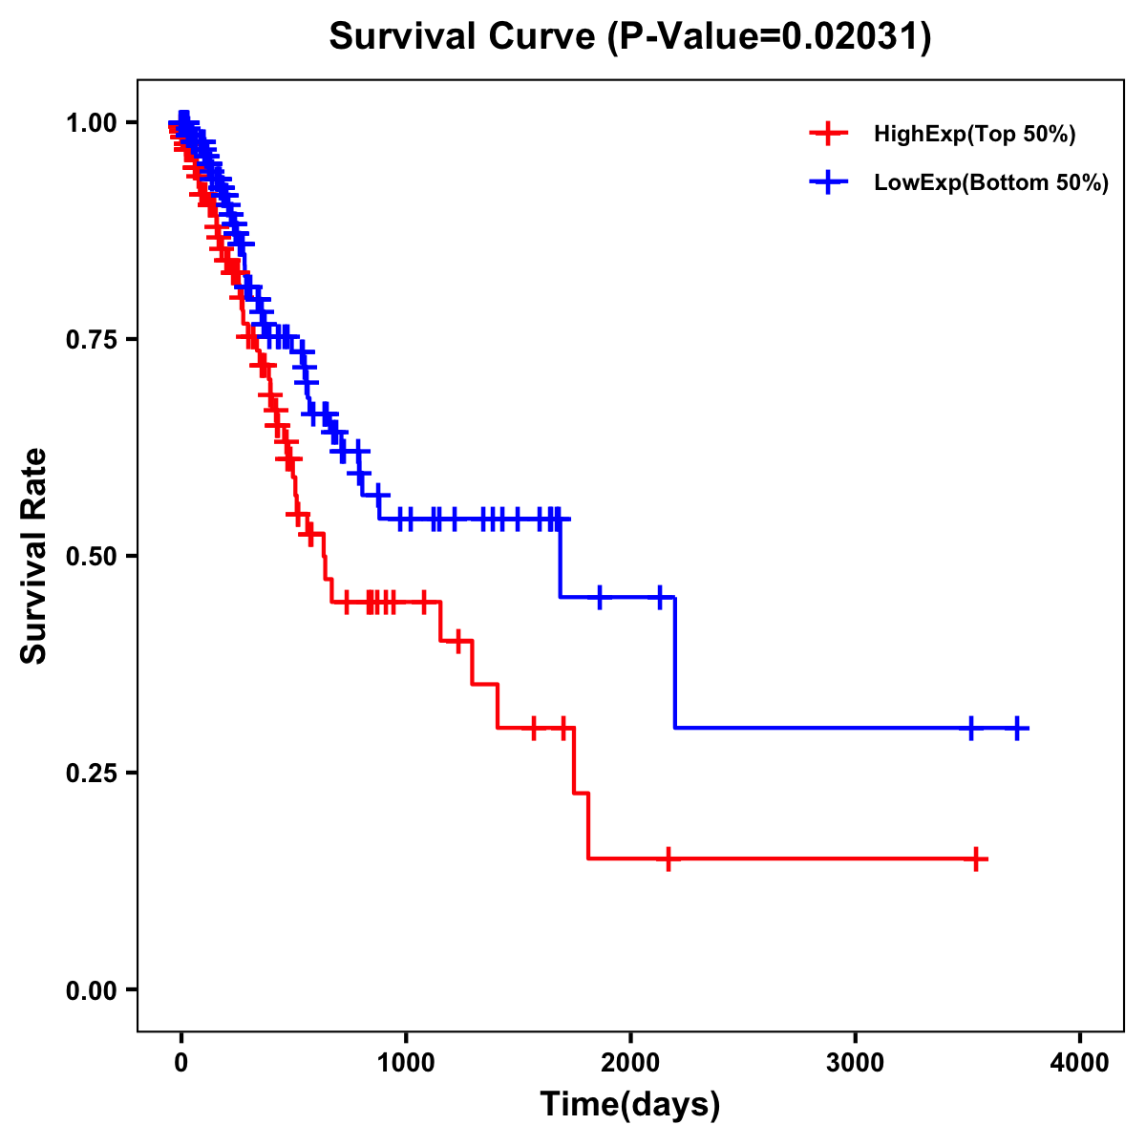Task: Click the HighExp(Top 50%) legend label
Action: tap(974, 134)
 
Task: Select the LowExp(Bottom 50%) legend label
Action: tap(990, 182)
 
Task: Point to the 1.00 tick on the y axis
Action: tap(91, 122)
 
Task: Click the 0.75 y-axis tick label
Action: tap(91, 339)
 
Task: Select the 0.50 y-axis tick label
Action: tap(91, 556)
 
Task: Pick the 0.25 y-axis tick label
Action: tap(91, 773)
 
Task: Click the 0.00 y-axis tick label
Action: tap(91, 989)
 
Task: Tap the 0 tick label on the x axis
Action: tap(181, 1063)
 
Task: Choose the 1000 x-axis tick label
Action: tap(406, 1063)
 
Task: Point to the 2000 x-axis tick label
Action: tap(630, 1063)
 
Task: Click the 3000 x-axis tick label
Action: tap(855, 1063)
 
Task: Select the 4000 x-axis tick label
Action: tap(1080, 1063)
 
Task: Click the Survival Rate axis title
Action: tap(34, 556)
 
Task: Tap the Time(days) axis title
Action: tap(630, 1105)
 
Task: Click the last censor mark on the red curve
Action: tap(976, 859)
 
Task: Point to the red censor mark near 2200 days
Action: tap(668, 859)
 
